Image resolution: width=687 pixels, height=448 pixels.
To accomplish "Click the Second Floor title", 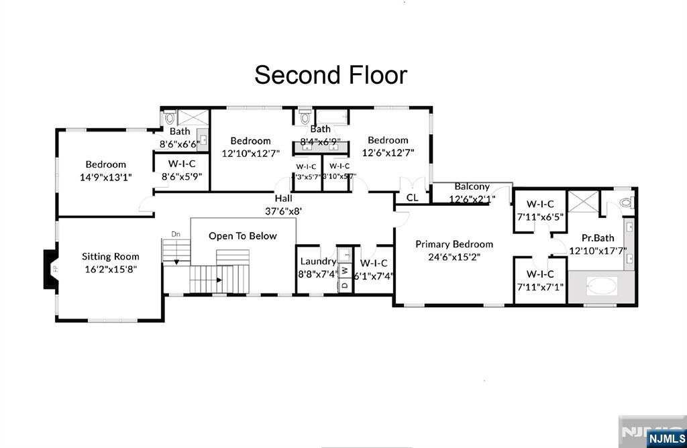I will click(331, 74).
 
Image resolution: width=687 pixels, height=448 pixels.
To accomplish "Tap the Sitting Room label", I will click(111, 256).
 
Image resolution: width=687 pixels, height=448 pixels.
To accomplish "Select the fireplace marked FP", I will click(50, 270).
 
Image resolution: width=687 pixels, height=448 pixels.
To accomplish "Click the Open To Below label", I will click(243, 236).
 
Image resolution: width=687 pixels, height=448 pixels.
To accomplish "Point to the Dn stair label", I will click(176, 234).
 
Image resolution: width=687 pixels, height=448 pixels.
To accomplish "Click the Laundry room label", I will click(318, 262).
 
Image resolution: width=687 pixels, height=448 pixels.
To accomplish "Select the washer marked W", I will click(344, 270).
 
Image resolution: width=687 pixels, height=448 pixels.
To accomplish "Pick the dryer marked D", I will click(344, 285).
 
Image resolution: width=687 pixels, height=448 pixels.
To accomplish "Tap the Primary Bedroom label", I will click(454, 244).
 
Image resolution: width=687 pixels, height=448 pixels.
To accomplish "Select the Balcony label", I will click(472, 186).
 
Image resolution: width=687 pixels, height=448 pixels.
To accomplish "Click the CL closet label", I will click(412, 197).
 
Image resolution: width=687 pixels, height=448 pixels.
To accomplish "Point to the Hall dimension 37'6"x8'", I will click(283, 210).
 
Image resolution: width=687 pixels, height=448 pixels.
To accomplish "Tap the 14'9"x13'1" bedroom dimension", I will click(105, 177).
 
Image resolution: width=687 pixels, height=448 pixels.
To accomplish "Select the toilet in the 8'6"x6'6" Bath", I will click(168, 118).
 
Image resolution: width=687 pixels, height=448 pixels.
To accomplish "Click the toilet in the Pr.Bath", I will click(626, 202).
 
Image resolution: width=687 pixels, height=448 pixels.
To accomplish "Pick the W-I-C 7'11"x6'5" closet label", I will click(540, 204).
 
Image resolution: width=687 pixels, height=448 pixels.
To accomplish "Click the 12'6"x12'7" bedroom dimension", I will click(388, 152).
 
